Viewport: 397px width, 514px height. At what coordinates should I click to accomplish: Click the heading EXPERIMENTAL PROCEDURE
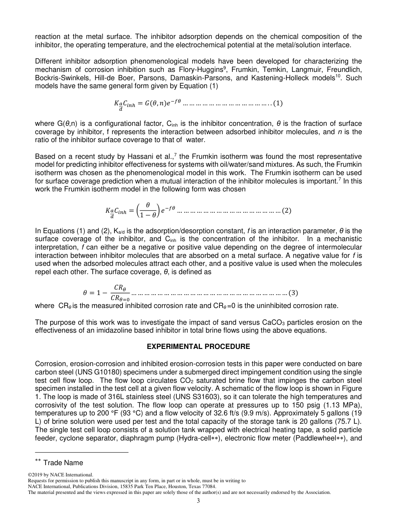click(198, 347)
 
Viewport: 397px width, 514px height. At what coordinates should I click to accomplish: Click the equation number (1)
click(278, 103)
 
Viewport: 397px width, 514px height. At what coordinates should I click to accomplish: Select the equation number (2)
click(287, 211)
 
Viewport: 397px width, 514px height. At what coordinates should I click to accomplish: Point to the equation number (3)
click(294, 293)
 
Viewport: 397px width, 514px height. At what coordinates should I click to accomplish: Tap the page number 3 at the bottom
click(198, 501)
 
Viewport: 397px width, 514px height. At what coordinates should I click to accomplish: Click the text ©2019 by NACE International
click(61, 475)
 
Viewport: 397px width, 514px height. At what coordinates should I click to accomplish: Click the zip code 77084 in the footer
click(208, 486)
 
